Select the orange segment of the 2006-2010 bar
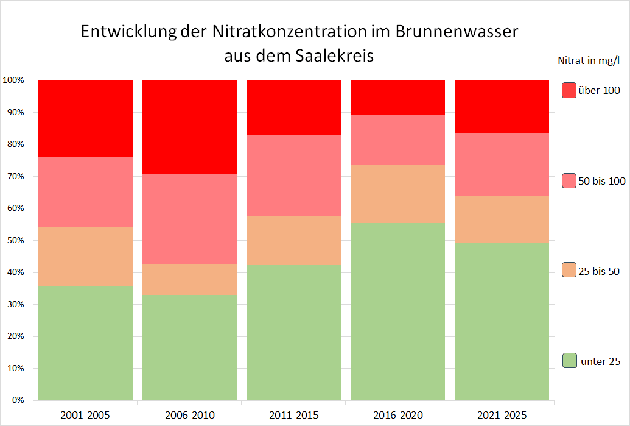(x=189, y=279)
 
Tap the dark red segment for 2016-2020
(x=398, y=98)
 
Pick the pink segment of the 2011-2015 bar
(x=293, y=175)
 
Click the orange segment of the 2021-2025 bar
(x=502, y=219)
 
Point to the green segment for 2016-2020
(x=398, y=311)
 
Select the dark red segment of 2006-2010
(x=189, y=127)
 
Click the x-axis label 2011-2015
(x=293, y=416)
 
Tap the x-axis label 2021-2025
(x=502, y=416)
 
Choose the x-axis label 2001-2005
(x=85, y=416)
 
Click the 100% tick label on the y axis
(x=13, y=80)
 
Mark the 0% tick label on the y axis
(x=16, y=400)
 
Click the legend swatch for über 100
(x=569, y=90)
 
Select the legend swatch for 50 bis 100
(x=569, y=180)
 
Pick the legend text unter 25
(x=601, y=361)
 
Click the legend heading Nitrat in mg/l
(x=589, y=60)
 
